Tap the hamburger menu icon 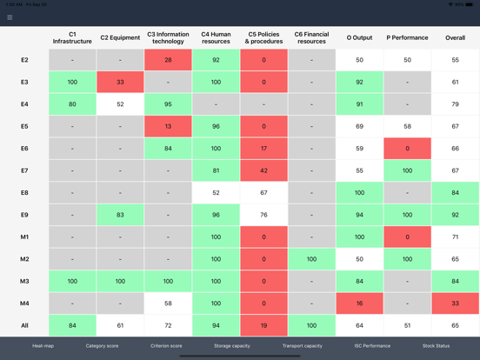coord(10,17)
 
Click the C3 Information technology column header coord(168,37)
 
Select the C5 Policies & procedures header coord(263,37)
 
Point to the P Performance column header coord(407,37)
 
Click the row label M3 coord(24,281)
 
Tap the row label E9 coord(24,215)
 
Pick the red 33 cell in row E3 coord(120,83)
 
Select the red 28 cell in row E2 coord(168,60)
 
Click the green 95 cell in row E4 coord(168,104)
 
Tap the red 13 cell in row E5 coord(168,126)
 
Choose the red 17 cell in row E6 coord(263,149)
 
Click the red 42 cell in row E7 coord(263,170)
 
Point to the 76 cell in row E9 coord(263,215)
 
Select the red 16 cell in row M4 coord(359,303)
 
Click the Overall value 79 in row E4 coord(455,104)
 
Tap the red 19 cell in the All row coord(263,325)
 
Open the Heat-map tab coord(43,346)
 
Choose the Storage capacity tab coord(232,346)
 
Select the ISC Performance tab coord(372,346)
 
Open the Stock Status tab coord(436,346)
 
